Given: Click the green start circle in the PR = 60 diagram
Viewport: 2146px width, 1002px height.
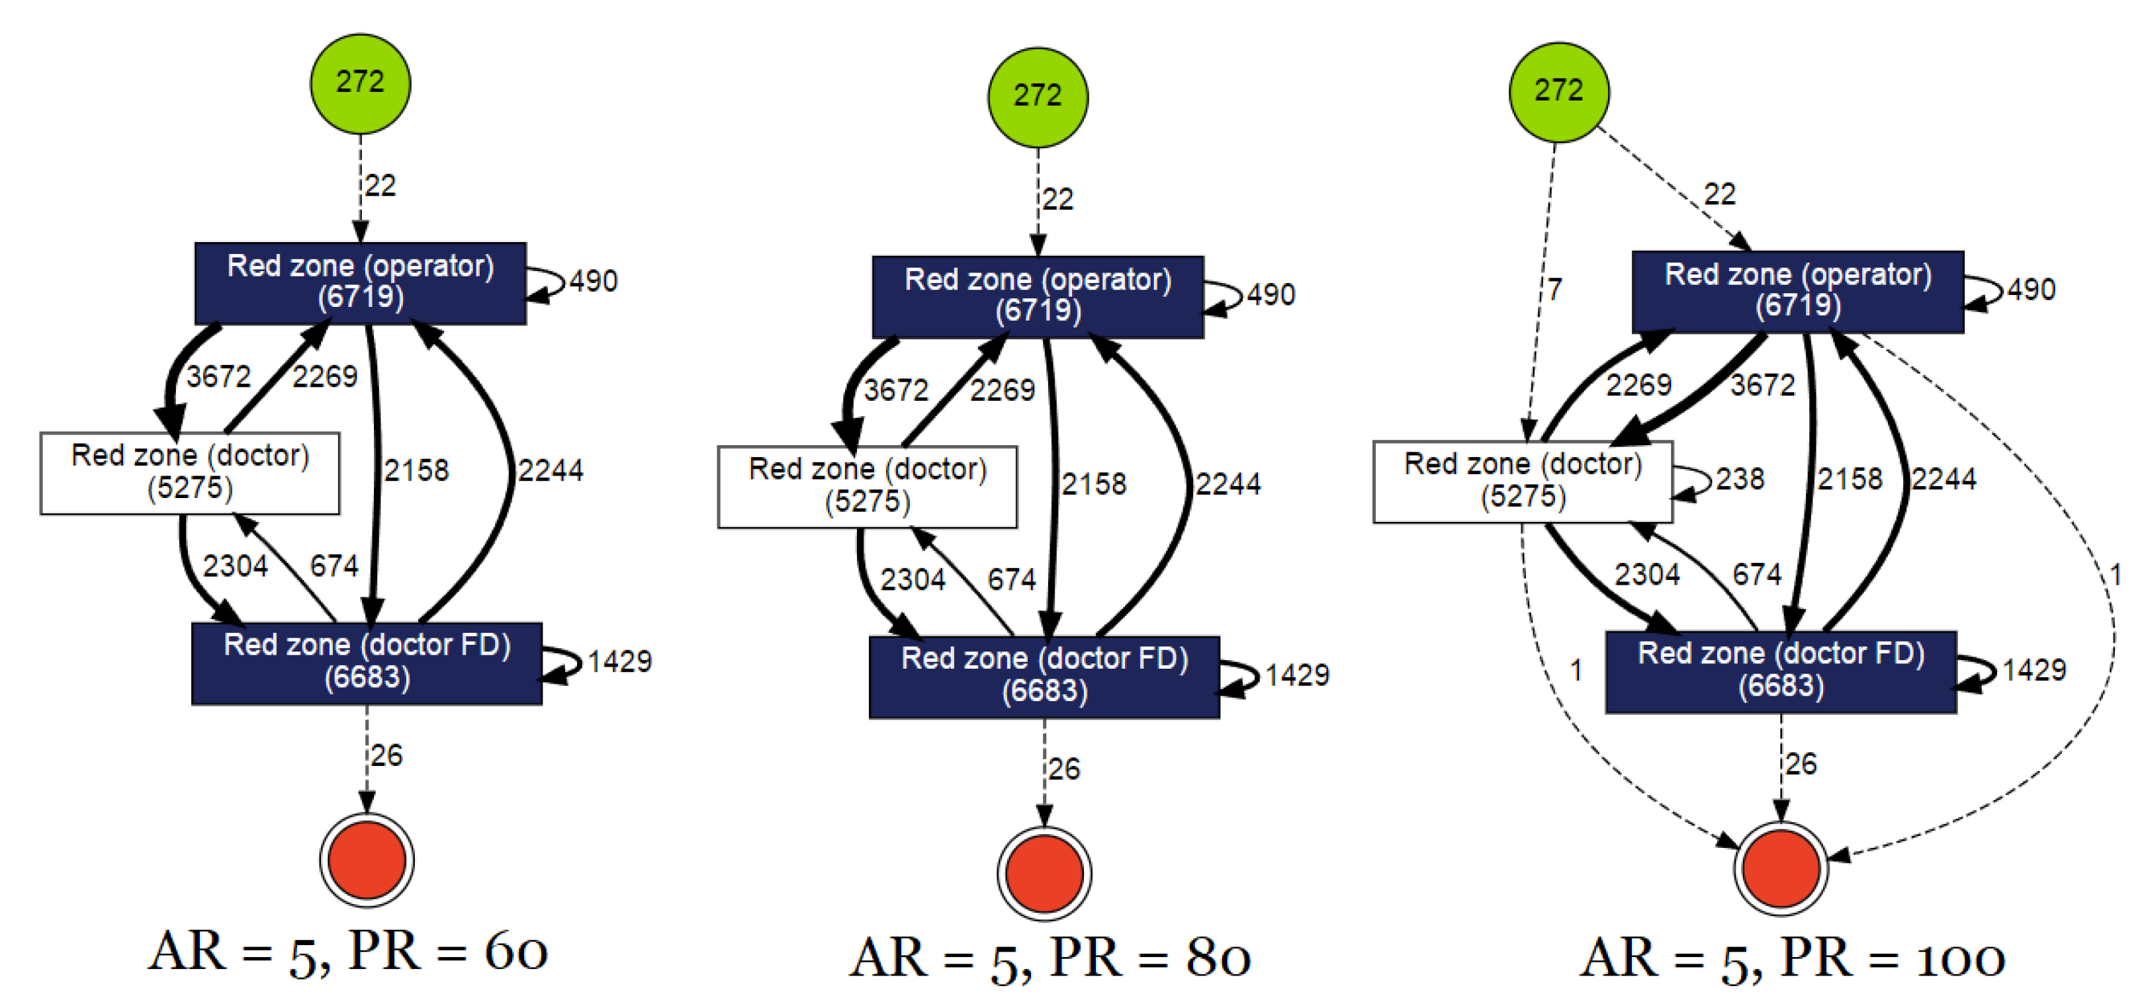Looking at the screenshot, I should coord(360,83).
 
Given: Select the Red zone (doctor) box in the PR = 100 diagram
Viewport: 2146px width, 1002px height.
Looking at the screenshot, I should coord(1522,481).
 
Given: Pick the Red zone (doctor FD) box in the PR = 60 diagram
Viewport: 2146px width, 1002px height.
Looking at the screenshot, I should coord(367,663).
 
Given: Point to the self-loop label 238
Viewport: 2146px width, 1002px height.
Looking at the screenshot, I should coord(1740,479).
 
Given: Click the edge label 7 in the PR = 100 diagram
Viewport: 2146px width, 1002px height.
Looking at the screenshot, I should coord(1554,290).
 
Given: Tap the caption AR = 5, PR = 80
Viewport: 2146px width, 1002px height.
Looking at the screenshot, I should coord(1050,958).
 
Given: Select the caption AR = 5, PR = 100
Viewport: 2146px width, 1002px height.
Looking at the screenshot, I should coord(1791,958).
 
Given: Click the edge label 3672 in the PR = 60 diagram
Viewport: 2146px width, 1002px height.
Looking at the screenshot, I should coord(218,376).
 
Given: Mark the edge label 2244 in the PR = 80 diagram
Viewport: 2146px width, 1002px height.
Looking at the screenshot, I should coord(1228,484).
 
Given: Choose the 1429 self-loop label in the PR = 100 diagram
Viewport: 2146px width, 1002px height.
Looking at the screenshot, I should coord(2033,670).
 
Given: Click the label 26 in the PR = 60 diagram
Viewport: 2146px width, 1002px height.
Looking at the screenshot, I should coord(386,755).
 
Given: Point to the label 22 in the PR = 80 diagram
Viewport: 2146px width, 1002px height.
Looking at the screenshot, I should coord(1057,199).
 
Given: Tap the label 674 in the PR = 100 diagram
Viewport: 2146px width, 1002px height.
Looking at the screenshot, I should coord(1756,574).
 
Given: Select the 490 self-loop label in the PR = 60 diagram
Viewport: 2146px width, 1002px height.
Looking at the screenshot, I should coord(593,280).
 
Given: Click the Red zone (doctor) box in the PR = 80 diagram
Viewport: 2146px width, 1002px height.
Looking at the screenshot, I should coord(868,486).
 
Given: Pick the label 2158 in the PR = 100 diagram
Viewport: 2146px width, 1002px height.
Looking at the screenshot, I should coord(1850,479).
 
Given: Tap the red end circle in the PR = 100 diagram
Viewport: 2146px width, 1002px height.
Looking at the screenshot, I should coord(1780,868).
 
